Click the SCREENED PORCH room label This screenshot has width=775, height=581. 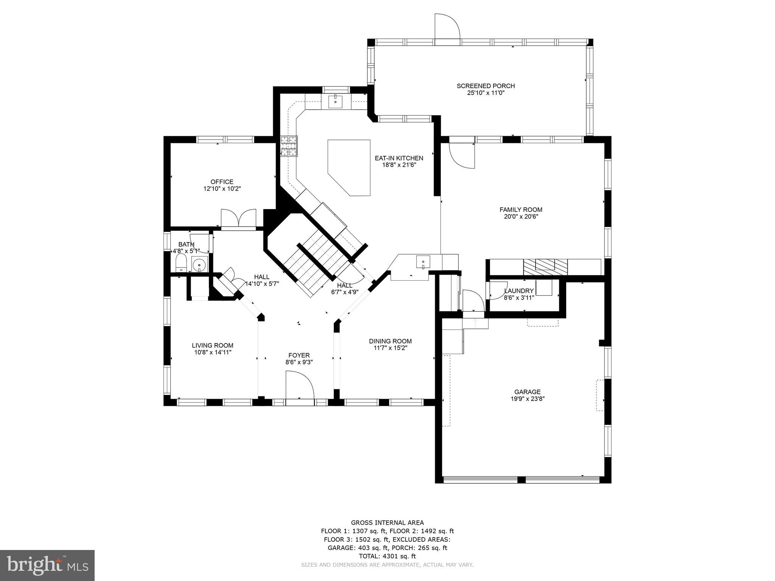(486, 86)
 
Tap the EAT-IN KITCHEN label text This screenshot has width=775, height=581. (399, 158)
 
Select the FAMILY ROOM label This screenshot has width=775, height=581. (521, 210)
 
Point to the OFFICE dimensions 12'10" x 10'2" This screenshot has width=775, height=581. (222, 188)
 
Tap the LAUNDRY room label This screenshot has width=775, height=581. (519, 291)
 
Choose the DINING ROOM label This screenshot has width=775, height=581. (391, 341)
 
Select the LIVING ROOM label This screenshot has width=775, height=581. (213, 345)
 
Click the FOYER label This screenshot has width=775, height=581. (299, 355)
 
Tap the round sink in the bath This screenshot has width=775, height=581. (199, 264)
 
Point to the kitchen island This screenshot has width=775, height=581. (349, 168)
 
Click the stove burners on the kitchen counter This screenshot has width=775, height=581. (289, 146)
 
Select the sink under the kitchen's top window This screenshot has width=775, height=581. (335, 101)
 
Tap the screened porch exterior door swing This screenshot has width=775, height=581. (447, 26)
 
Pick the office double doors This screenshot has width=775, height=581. (238, 218)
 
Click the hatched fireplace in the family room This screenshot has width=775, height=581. (546, 267)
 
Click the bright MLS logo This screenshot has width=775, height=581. (48, 566)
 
